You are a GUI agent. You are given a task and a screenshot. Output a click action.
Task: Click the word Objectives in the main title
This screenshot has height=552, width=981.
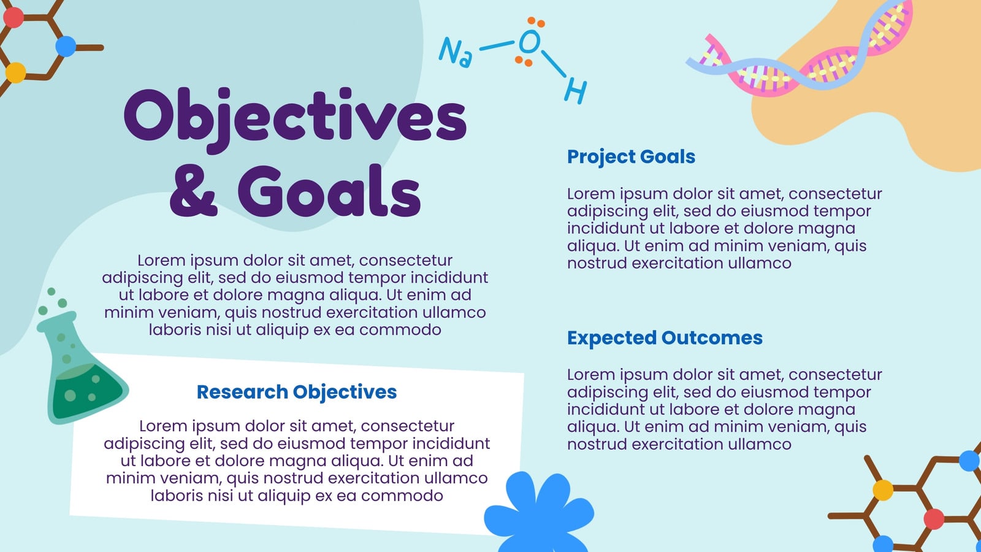(x=296, y=120)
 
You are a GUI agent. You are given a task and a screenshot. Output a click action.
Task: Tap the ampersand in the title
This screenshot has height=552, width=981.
(x=193, y=191)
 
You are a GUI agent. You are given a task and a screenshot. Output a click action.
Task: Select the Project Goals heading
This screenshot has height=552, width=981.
(x=631, y=157)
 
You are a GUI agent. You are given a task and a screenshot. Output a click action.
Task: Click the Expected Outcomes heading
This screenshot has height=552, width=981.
(x=665, y=338)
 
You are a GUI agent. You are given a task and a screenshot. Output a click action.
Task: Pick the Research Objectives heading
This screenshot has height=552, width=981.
(x=297, y=393)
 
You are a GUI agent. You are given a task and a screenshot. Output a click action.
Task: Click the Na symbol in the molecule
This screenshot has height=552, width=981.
(x=456, y=52)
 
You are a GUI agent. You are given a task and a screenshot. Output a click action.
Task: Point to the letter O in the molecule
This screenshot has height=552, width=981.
(x=530, y=42)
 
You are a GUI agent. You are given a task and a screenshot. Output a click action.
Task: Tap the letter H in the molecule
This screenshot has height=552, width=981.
(x=576, y=91)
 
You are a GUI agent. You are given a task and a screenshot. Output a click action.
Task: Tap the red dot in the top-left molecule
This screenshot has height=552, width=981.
(x=13, y=17)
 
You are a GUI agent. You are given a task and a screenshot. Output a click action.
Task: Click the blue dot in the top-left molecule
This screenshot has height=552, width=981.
(x=66, y=46)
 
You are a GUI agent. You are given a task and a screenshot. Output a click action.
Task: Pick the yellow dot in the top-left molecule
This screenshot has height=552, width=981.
(x=16, y=72)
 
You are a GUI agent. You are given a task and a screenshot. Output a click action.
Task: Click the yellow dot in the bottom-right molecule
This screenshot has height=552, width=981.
(x=883, y=490)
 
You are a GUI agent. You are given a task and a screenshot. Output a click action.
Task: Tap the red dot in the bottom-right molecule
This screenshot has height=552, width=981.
(x=934, y=519)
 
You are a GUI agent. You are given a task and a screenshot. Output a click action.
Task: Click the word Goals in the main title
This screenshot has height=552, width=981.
(x=329, y=191)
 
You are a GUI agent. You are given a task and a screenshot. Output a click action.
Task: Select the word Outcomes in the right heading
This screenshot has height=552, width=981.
(x=712, y=338)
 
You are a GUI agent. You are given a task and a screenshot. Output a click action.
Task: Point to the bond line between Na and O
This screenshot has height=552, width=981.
(x=497, y=45)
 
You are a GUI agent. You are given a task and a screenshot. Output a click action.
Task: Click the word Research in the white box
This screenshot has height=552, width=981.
(x=242, y=392)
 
